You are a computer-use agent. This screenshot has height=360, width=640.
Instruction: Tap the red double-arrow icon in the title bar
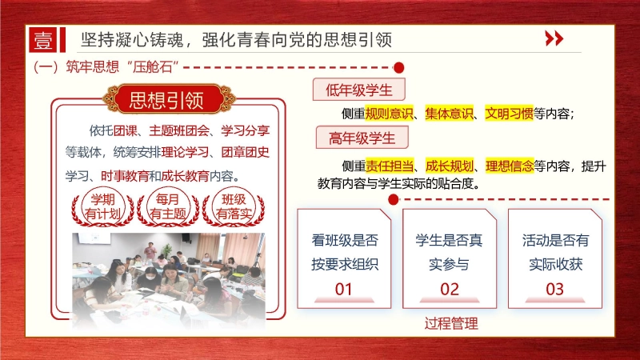click(x=554, y=39)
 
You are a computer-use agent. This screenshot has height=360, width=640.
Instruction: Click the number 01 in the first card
click(x=344, y=289)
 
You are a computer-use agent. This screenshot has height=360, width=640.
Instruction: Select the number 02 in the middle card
click(x=450, y=289)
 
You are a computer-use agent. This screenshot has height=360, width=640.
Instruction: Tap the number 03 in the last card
click(x=554, y=289)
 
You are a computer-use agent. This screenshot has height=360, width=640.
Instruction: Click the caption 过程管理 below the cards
click(x=451, y=324)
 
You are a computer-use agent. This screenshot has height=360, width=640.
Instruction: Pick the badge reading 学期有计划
click(x=103, y=206)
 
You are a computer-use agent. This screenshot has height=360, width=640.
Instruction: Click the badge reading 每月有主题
click(x=167, y=206)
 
